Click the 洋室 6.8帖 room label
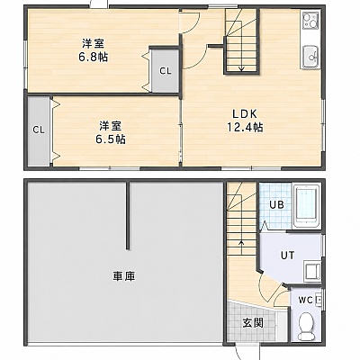click(94, 50)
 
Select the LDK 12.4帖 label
click(245, 121)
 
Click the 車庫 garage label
click(124, 276)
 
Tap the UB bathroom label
click(276, 205)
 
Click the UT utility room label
click(287, 256)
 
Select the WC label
click(305, 300)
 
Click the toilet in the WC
click(306, 326)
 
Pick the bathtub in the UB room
click(307, 206)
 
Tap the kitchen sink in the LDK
click(310, 57)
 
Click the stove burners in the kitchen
click(310, 20)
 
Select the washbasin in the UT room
click(312, 271)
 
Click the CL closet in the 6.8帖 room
click(166, 71)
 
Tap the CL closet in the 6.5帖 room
click(39, 130)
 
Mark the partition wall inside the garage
click(128, 215)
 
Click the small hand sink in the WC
click(319, 301)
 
